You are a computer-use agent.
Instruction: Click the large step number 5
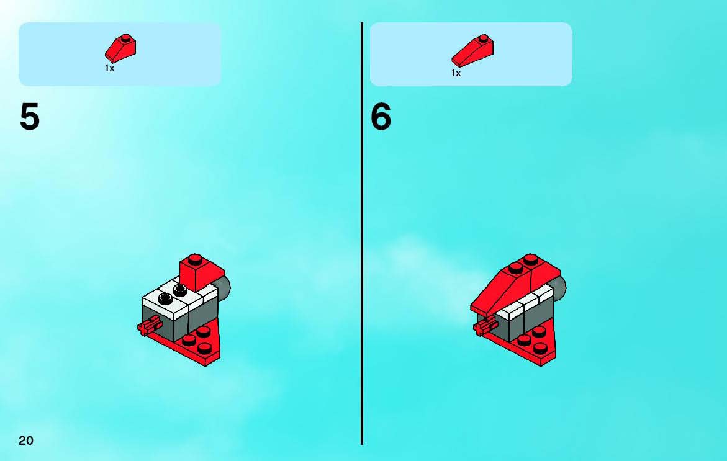[30, 117]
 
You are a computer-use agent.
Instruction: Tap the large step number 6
[381, 117]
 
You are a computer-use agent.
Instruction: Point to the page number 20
[26, 440]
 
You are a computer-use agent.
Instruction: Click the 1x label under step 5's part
[109, 68]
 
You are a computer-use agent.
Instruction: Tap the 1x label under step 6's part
[456, 73]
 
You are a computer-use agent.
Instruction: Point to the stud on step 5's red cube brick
[195, 258]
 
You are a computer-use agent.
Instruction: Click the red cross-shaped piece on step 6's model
[485, 326]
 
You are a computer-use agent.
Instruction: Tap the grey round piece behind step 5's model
[224, 287]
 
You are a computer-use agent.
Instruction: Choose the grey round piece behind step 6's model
[559, 287]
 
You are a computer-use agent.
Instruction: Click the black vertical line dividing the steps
[362, 233]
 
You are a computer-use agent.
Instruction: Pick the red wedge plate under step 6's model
[528, 343]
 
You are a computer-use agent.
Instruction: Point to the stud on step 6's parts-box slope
[484, 38]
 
